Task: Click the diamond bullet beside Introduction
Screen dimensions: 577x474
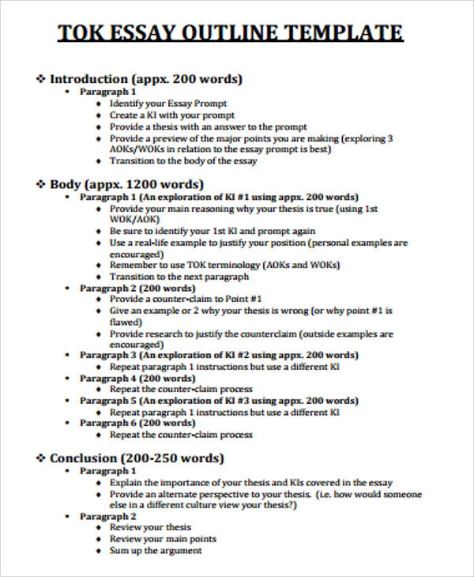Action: pyautogui.click(x=41, y=79)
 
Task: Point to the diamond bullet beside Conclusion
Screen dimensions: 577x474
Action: pyautogui.click(x=41, y=458)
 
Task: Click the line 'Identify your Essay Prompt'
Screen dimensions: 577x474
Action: pyautogui.click(x=168, y=104)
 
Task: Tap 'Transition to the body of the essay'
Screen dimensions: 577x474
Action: pyautogui.click(x=183, y=161)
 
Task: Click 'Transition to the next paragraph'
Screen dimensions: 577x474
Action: pyautogui.click(x=179, y=277)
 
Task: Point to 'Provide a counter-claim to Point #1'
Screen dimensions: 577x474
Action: pyautogui.click(x=186, y=300)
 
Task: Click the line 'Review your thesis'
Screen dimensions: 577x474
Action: pyautogui.click(x=150, y=527)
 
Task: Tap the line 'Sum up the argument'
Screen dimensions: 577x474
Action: pyautogui.click(x=156, y=550)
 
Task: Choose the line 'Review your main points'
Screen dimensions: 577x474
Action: pyautogui.click(x=163, y=539)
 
